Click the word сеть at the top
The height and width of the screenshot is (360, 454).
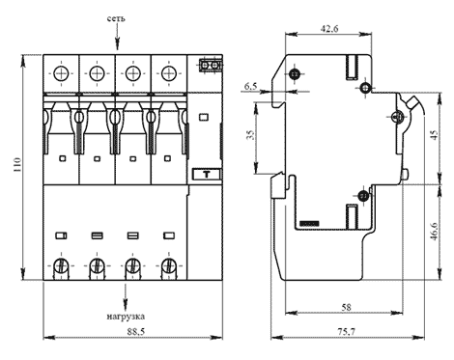[116, 18]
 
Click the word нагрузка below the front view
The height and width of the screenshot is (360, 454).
[126, 317]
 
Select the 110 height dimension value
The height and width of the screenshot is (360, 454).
[16, 164]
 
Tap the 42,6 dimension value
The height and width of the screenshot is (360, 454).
[329, 29]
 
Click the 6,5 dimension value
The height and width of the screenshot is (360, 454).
[251, 86]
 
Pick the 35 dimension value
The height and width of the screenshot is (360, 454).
[251, 134]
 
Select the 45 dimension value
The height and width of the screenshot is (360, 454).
[435, 135]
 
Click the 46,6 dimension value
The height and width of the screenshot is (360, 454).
[434, 232]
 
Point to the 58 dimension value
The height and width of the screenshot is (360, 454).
[346, 307]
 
